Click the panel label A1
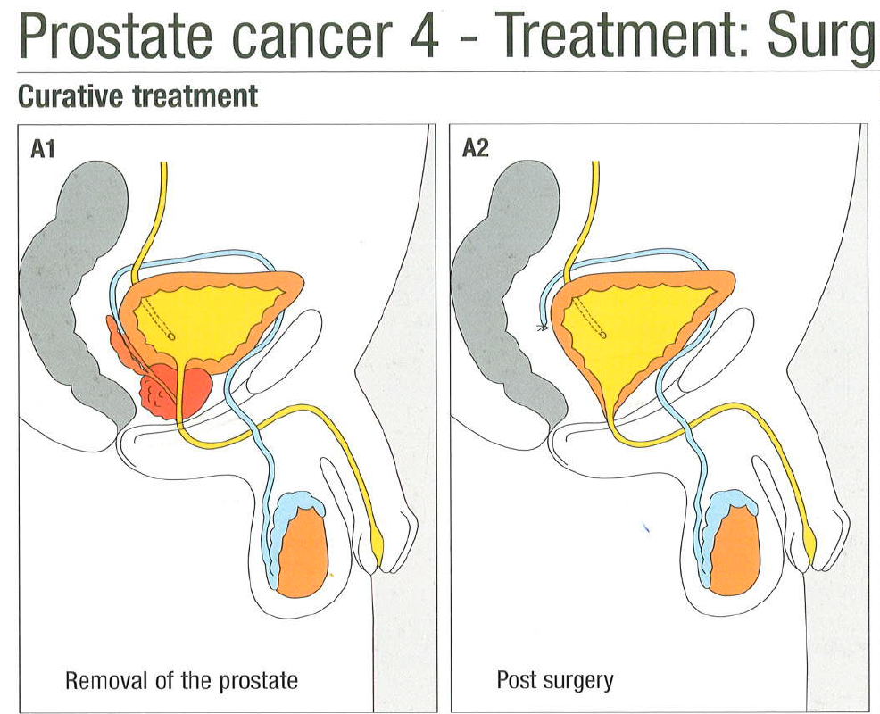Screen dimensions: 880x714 click(43, 149)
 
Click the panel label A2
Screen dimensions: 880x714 click(476, 149)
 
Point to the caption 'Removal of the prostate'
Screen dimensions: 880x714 click(181, 680)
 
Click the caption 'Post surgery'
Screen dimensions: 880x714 click(554, 681)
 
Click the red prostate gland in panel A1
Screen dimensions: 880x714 click(174, 391)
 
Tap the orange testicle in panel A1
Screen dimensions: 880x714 click(302, 552)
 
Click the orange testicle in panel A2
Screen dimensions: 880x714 click(735, 552)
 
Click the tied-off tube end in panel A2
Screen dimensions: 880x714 click(543, 327)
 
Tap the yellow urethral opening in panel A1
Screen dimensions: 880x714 click(378, 547)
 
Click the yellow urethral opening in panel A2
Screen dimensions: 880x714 click(809, 546)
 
